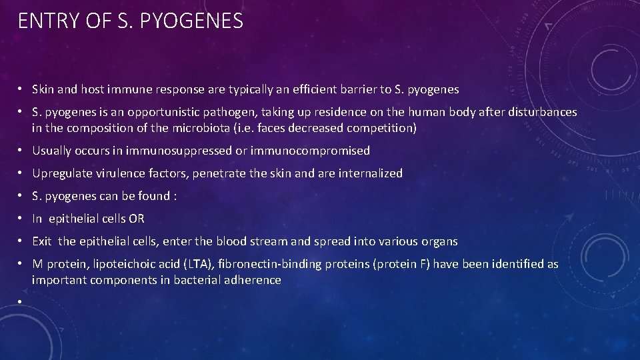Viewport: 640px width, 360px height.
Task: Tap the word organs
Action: (x=439, y=241)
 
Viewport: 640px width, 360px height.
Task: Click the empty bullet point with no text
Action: (x=21, y=302)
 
